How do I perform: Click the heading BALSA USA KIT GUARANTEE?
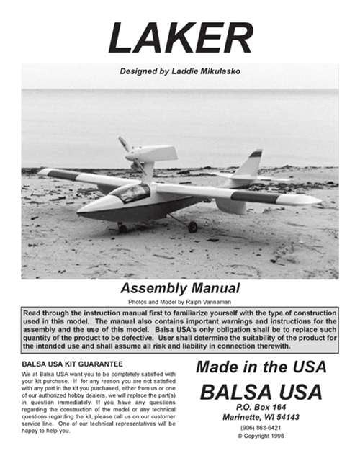[x=72, y=364]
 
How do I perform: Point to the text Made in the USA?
[x=261, y=367]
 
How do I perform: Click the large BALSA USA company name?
[x=261, y=393]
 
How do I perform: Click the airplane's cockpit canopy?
[x=130, y=192]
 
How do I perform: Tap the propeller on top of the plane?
[x=127, y=148]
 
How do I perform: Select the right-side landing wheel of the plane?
[x=192, y=226]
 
